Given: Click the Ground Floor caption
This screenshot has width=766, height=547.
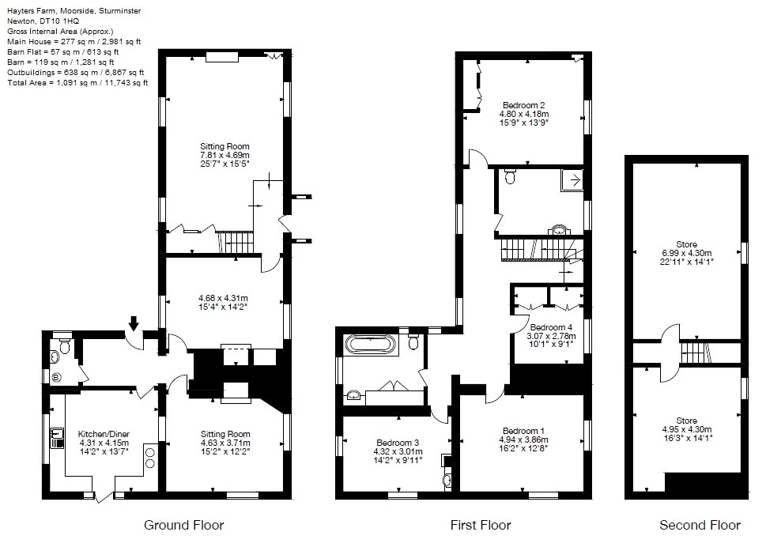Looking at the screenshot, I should click(x=183, y=525).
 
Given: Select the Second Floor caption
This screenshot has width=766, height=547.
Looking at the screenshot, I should click(x=700, y=525).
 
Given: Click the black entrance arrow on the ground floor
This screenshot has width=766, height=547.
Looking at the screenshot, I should click(x=134, y=323).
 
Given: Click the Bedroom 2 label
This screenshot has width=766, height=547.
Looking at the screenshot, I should click(x=523, y=104).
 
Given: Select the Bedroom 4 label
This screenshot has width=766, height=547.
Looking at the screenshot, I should click(x=551, y=327).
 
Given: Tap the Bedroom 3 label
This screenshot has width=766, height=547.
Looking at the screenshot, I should click(x=397, y=442).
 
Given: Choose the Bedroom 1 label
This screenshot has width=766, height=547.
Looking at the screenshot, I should click(x=523, y=431).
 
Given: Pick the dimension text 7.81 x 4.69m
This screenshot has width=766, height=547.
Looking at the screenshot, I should click(x=225, y=156).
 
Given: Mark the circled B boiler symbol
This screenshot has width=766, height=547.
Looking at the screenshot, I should click(x=55, y=376).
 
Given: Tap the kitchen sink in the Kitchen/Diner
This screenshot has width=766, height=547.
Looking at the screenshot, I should click(x=57, y=434).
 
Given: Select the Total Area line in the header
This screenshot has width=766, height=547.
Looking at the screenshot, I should click(x=77, y=82).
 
